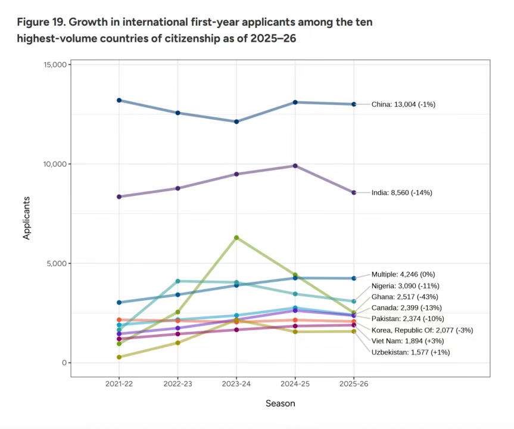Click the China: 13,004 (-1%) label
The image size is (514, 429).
coord(403,104)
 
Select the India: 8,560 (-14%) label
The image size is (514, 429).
coord(401,192)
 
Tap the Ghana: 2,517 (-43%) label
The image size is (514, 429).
coord(404,297)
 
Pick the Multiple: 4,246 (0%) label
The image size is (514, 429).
coord(403,275)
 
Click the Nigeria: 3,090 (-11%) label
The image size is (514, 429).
coord(404,286)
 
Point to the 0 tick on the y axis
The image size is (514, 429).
coord(63,363)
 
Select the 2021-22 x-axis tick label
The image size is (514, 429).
coord(119,384)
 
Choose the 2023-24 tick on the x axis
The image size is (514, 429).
coord(236,384)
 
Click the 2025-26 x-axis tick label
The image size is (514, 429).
coord(354,384)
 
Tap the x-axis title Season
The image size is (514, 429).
coord(280,403)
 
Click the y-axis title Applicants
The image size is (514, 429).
coord(26,218)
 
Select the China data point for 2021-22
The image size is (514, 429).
coord(119,100)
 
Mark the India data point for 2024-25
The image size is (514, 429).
coord(295,166)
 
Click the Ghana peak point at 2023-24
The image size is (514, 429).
coord(236,238)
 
